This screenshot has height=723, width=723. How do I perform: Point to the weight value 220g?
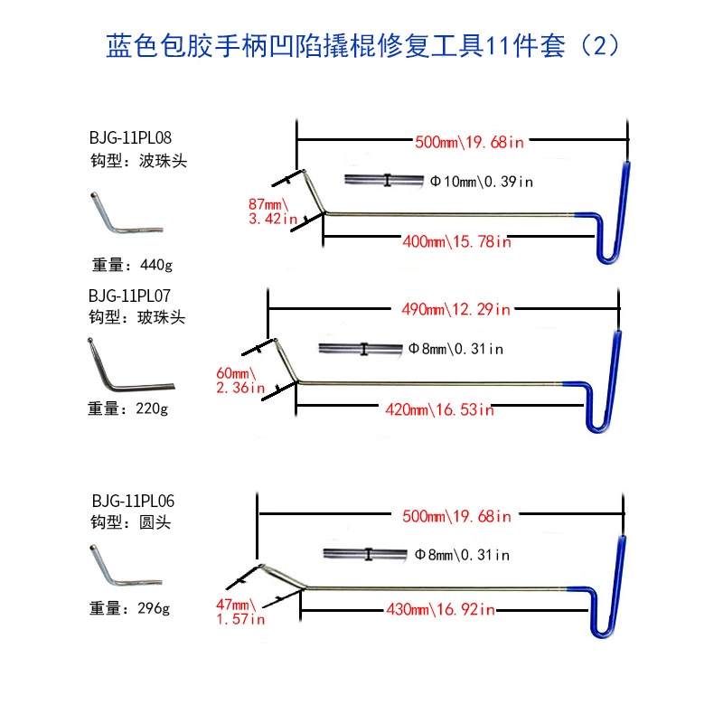pos(150,408)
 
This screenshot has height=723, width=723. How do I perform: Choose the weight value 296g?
pos(150,608)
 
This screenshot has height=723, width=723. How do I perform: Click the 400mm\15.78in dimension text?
pos(458,241)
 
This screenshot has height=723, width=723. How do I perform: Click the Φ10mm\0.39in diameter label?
pos(482,182)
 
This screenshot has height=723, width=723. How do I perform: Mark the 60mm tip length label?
pos(245,373)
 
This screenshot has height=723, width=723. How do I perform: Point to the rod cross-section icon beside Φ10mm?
pos(385,181)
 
